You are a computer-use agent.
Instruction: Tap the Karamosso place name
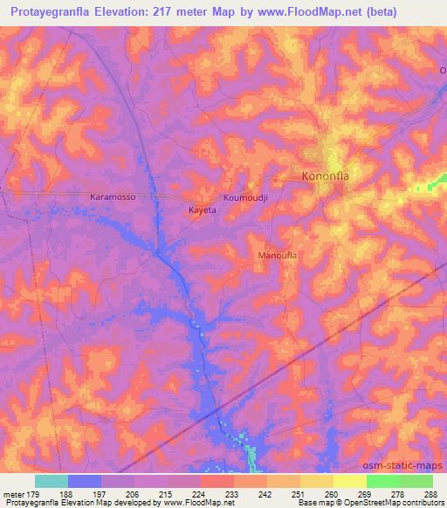[x=113, y=197]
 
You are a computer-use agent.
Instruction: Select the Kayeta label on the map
[x=203, y=210]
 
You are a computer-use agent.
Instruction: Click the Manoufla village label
[x=278, y=256]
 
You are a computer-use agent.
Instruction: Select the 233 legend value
[x=232, y=493]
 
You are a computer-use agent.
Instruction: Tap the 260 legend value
[x=332, y=493]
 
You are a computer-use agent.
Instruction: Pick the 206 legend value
[x=133, y=493]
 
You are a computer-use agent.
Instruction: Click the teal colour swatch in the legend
[x=51, y=481]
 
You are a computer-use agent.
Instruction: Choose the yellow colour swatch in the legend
[x=349, y=481]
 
